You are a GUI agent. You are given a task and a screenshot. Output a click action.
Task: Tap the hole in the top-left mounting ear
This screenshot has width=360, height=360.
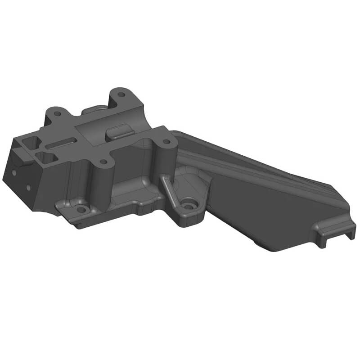pos(57,113)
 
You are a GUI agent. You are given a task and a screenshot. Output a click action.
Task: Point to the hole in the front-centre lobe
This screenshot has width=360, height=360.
pos(104,162)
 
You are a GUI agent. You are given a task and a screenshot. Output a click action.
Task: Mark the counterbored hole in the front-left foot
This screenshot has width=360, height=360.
pos(81,209)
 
